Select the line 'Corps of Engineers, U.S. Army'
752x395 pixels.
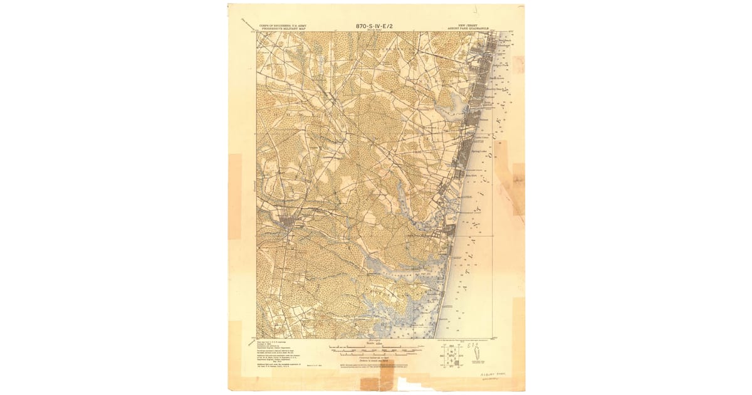(279, 26)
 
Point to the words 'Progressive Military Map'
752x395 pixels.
(279, 30)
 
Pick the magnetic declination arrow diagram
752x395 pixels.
(478, 356)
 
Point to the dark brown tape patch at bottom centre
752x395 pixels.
(370, 383)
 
